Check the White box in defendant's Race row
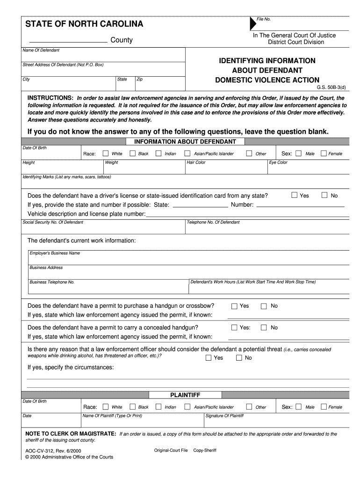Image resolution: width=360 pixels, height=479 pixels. point(106,153)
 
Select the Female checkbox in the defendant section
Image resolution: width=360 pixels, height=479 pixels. point(323,153)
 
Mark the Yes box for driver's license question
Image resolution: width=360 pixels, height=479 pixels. point(295,195)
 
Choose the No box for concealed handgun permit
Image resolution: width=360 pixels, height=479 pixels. point(264,327)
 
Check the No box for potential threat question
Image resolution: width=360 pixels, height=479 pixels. point(239,358)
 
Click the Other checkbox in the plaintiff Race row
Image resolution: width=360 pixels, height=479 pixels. point(249,407)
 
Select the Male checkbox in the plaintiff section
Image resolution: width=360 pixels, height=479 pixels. point(299,407)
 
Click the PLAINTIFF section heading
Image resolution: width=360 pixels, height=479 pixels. point(185,395)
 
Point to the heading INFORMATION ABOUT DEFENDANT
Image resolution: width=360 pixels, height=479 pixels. point(185,141)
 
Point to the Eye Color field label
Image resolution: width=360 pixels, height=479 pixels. point(279,163)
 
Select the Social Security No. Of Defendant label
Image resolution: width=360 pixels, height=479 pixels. point(53,222)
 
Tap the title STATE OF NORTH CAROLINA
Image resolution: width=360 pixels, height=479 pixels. point(84,24)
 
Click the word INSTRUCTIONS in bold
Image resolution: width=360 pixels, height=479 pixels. point(50,98)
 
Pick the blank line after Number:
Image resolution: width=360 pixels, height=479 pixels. point(301,205)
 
